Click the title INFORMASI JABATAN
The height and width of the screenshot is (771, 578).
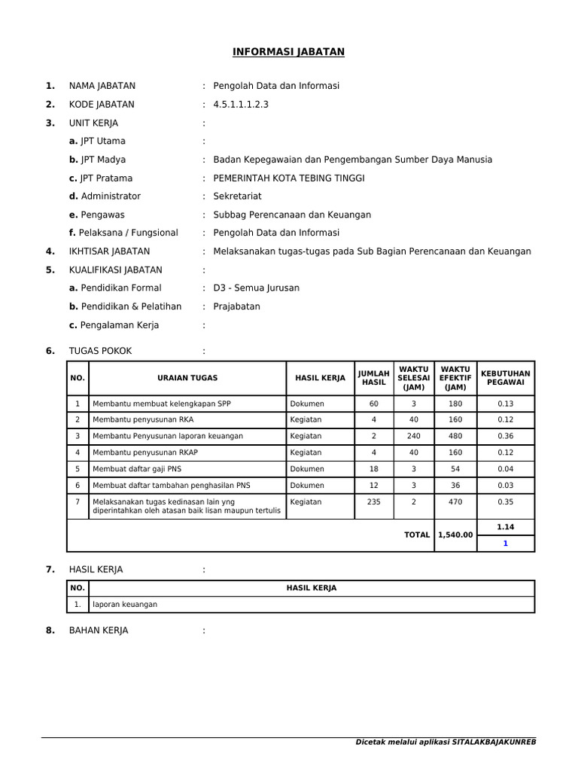287,52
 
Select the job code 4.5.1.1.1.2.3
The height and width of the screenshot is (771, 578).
240,105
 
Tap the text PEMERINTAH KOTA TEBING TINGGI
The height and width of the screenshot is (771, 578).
288,178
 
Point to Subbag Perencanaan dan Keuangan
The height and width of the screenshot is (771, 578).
292,215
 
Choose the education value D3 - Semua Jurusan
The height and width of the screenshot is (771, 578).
256,288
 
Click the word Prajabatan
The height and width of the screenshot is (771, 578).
236,306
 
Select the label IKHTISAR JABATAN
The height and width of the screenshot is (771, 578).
109,251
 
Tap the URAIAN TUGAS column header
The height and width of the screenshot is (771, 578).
187,378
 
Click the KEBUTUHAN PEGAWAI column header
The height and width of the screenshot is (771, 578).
505,378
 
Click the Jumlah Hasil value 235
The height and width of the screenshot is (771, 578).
373,502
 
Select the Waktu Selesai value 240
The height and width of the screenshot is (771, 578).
413,436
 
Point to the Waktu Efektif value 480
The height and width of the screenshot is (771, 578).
455,436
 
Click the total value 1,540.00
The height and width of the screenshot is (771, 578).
455,535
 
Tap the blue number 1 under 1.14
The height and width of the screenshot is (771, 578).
505,543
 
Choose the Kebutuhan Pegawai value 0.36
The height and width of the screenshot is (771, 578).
505,436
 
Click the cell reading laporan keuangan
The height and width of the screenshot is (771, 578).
125,605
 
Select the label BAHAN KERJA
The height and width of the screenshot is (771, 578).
99,630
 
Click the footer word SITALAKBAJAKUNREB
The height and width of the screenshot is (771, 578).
494,742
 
